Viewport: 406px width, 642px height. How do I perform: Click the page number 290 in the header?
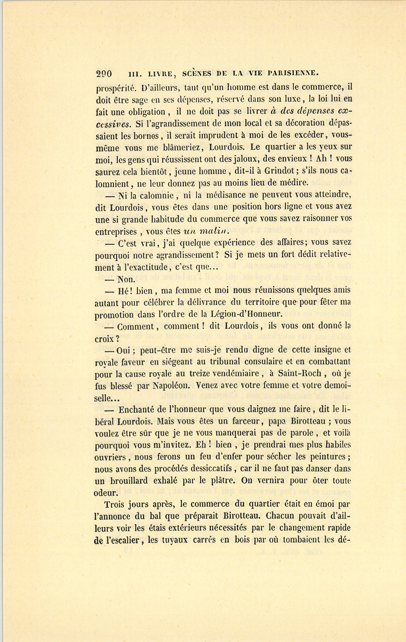(x=104, y=74)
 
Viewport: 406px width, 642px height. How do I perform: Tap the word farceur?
(x=244, y=422)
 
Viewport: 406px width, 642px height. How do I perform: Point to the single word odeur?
(x=106, y=493)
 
